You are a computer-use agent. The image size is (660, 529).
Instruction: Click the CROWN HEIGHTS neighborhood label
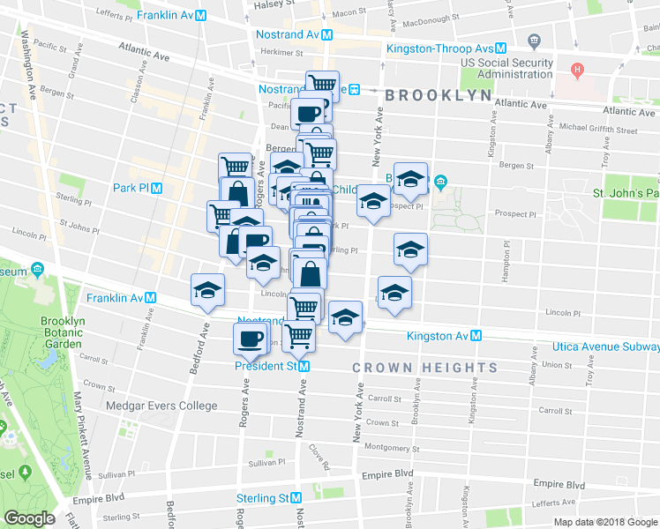(424, 368)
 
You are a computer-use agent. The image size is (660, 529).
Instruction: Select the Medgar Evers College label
(161, 406)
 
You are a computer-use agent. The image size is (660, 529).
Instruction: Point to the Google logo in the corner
(28, 518)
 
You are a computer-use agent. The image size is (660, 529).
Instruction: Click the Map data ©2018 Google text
(604, 522)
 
